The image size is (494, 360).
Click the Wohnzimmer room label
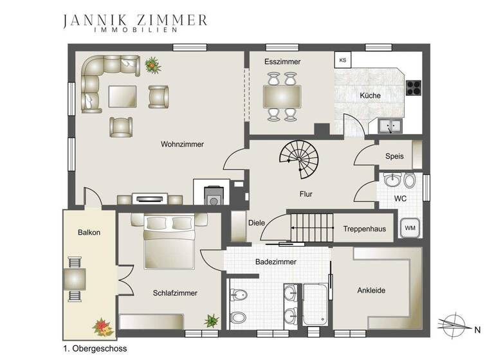click(x=182, y=145)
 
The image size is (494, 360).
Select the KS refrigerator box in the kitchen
click(x=343, y=60)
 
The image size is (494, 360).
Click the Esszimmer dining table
click(x=282, y=97)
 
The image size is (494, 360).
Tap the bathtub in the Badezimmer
click(x=315, y=304)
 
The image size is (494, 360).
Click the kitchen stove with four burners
click(x=414, y=85)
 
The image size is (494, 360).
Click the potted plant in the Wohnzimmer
click(x=152, y=64)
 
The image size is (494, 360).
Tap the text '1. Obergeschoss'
click(x=95, y=348)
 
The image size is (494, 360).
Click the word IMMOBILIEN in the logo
click(x=135, y=30)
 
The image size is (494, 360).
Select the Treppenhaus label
click(x=364, y=228)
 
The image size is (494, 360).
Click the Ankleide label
click(x=371, y=291)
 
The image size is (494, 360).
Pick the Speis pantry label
click(x=394, y=156)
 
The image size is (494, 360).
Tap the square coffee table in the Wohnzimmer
click(x=123, y=96)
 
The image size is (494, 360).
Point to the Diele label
click(x=257, y=223)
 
